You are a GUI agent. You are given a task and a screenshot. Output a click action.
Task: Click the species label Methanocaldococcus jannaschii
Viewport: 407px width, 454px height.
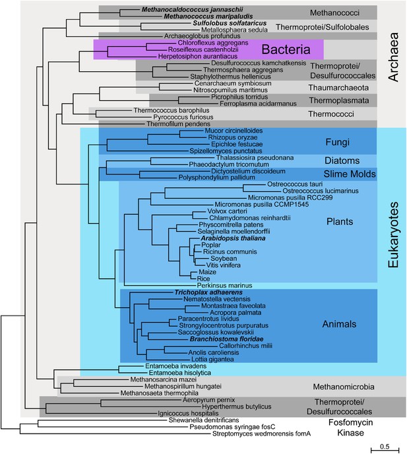(x=192, y=10)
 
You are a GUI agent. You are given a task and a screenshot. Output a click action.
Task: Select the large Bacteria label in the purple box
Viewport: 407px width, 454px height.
(x=286, y=49)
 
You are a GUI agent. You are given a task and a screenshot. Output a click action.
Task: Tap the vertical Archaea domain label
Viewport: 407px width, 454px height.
(x=393, y=57)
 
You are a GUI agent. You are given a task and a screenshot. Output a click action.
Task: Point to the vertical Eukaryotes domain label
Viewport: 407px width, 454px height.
(x=393, y=235)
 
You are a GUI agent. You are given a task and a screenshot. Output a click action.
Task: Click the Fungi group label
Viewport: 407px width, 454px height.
(x=338, y=142)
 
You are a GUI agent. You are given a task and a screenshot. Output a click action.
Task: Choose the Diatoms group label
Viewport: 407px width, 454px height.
(x=342, y=160)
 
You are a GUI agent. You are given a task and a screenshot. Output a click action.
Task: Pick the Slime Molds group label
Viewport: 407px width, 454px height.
(x=350, y=174)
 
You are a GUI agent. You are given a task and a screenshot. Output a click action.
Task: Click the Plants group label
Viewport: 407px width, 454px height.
(x=340, y=221)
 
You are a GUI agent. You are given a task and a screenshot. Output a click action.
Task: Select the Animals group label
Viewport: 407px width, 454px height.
(x=339, y=324)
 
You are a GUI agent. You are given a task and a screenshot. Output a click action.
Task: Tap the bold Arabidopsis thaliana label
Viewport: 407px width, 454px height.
(x=233, y=239)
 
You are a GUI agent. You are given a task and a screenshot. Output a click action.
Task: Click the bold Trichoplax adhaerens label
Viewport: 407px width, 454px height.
(x=208, y=293)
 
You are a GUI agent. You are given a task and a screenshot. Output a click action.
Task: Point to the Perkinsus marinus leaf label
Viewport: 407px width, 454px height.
(x=225, y=285)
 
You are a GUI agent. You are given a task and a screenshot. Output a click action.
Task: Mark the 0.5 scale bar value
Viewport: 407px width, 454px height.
(x=385, y=446)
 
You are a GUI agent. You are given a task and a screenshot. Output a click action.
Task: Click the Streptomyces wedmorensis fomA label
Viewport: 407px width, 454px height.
(x=261, y=434)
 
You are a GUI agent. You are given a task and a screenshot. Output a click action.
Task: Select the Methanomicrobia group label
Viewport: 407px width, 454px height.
(x=344, y=387)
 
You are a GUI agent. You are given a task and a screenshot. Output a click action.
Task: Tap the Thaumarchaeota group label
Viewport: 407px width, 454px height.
(x=338, y=88)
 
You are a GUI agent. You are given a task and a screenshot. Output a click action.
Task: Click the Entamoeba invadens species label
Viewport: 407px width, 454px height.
(x=176, y=366)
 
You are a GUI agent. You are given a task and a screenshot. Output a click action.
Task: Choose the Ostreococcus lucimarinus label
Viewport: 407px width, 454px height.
(x=321, y=191)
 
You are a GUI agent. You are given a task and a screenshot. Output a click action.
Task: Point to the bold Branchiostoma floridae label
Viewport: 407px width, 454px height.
(x=227, y=339)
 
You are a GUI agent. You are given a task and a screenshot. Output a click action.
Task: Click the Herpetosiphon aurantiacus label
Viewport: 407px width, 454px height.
(x=198, y=56)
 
